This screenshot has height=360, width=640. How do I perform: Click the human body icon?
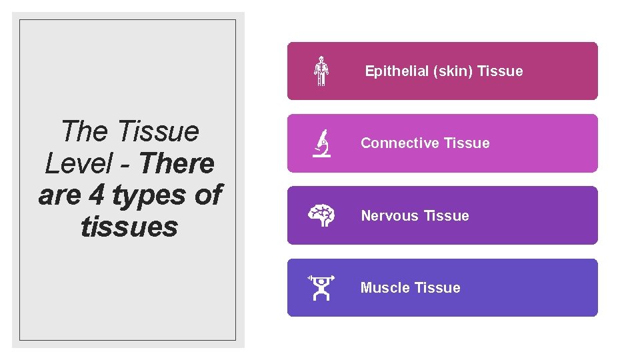[x=321, y=71]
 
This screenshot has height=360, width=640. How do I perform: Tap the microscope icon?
[x=322, y=143]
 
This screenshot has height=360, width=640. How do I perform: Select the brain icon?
[x=321, y=215]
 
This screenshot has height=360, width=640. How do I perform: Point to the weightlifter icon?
[x=321, y=287]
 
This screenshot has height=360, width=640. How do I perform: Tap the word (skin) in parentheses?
[x=453, y=71]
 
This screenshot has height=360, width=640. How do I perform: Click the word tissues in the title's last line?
[x=129, y=227]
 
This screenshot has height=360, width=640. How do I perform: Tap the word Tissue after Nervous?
[x=447, y=216]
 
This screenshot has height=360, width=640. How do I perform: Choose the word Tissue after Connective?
[x=467, y=143]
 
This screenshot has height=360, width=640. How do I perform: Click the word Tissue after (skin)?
[x=501, y=71]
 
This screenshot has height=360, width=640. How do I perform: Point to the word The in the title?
[x=84, y=131]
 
